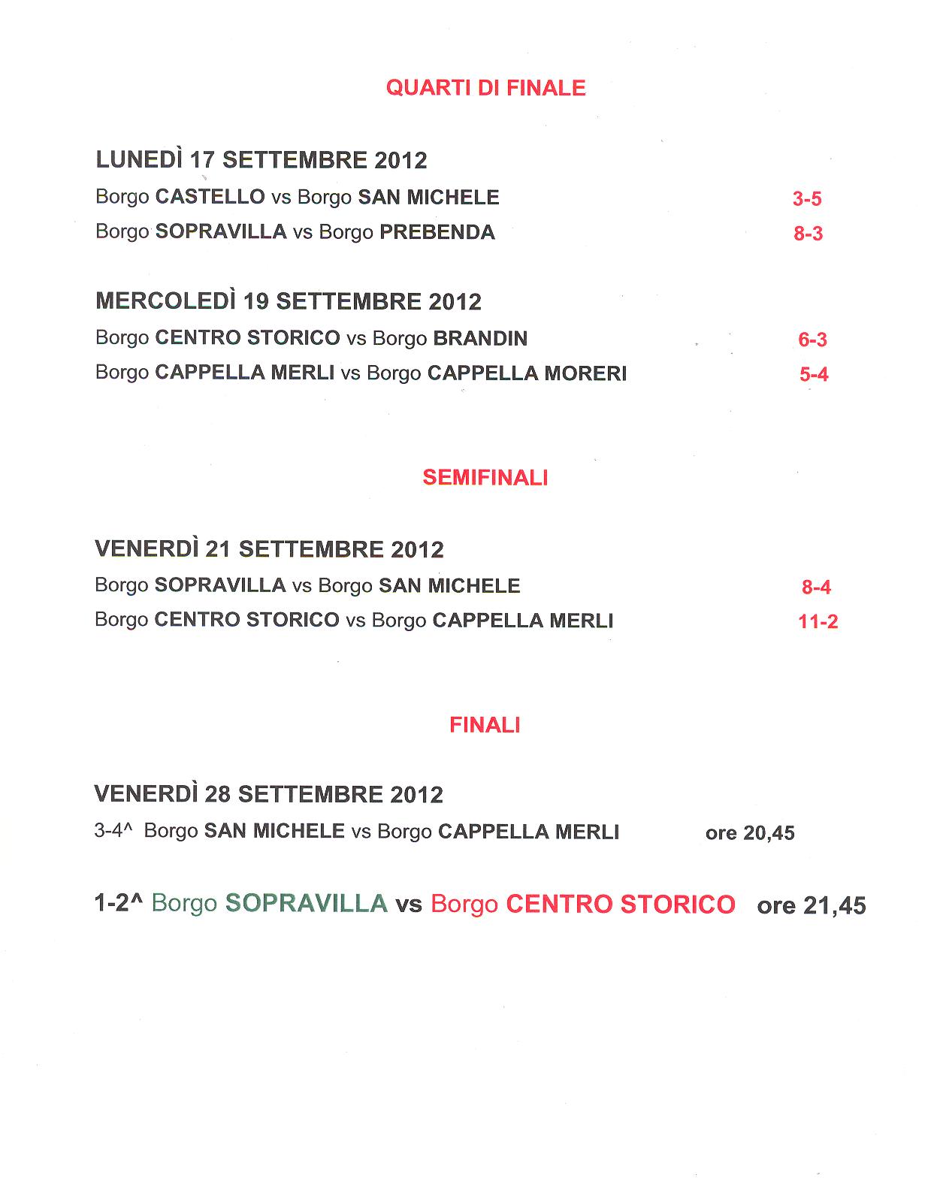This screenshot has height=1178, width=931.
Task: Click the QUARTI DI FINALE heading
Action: (x=485, y=88)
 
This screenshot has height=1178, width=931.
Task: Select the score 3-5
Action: (x=807, y=199)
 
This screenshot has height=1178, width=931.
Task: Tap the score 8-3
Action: (x=809, y=234)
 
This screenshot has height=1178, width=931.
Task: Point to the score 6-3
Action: (x=812, y=340)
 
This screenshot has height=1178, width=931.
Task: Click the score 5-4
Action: (x=814, y=374)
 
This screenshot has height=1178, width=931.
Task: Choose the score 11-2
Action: (x=818, y=622)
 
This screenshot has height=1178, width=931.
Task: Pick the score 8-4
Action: (x=816, y=587)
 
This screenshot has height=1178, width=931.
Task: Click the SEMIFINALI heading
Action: (x=485, y=478)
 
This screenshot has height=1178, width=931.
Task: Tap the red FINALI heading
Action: (x=485, y=725)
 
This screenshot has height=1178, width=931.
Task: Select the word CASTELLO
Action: (x=210, y=197)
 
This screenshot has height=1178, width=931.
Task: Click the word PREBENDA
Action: (x=437, y=232)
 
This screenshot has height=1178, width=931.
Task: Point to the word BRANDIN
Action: (x=480, y=339)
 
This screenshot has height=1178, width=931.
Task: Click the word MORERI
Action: (x=585, y=373)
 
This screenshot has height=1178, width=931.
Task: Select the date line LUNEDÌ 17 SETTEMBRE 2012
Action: (x=261, y=160)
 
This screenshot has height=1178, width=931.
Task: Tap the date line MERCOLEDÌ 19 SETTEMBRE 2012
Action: (x=289, y=301)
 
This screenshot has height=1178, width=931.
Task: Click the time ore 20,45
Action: (x=750, y=833)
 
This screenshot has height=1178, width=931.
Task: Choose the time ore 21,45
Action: (x=812, y=905)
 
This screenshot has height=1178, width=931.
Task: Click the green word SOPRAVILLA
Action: (x=306, y=903)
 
